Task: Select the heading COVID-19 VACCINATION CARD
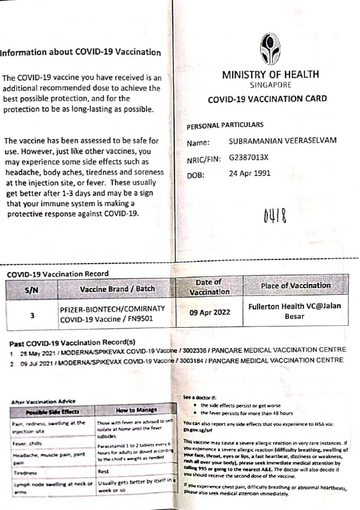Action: coord(267,101)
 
